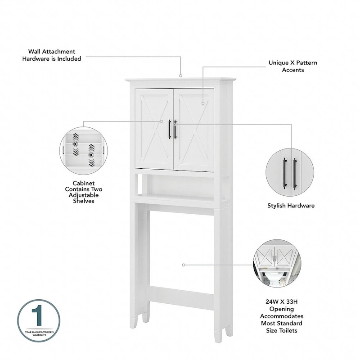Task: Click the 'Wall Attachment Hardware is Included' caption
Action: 52,55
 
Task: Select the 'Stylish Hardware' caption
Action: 291,206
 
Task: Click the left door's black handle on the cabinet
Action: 170,129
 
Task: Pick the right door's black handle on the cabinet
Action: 175,129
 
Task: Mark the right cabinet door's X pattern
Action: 193,129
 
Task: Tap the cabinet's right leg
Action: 223,270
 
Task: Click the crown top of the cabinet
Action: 180,81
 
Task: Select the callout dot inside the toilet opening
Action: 184,265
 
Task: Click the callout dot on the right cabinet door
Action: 203,103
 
